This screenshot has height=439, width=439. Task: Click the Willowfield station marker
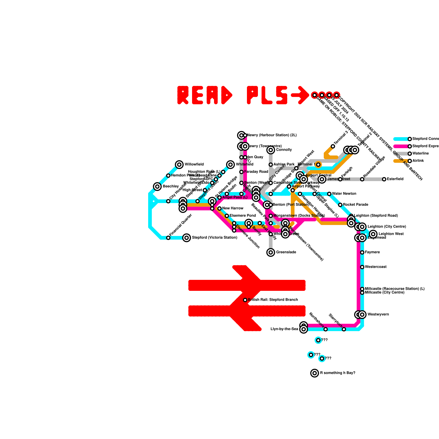coord(179,165)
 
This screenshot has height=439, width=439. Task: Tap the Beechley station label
coord(171,187)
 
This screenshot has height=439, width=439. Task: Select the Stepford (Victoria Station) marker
coord(187,238)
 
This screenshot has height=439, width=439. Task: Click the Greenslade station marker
coord(271,252)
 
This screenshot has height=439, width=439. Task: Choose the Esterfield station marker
coord(384,179)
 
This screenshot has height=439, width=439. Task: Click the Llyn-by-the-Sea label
coord(284,329)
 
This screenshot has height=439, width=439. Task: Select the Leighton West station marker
coord(373,234)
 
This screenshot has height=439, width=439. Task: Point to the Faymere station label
coord(372,252)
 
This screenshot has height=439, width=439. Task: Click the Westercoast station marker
coord(362,267)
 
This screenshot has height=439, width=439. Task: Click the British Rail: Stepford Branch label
coord(273,300)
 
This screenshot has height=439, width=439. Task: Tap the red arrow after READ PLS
coord(301,95)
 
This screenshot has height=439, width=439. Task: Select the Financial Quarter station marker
coord(168,238)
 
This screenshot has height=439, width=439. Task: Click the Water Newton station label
coord(344,194)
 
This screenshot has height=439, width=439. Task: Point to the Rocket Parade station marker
coord(340,205)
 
